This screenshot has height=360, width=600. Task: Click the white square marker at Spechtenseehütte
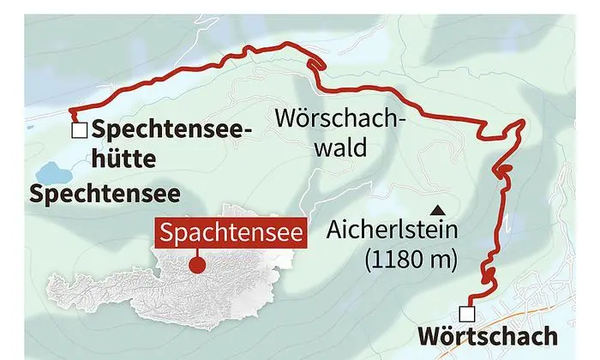[80, 131]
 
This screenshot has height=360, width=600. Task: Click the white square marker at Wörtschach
[467, 313]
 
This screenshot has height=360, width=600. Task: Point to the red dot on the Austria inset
[197, 264]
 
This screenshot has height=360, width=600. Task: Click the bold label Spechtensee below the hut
[105, 194]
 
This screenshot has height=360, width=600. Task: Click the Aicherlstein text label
[393, 231]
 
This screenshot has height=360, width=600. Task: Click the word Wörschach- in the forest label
[339, 117]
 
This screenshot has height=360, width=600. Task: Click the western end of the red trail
[72, 112]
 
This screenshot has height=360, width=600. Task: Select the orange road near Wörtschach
[549, 319]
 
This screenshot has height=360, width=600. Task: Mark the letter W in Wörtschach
[429, 337]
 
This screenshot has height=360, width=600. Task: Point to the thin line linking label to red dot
[197, 254]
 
